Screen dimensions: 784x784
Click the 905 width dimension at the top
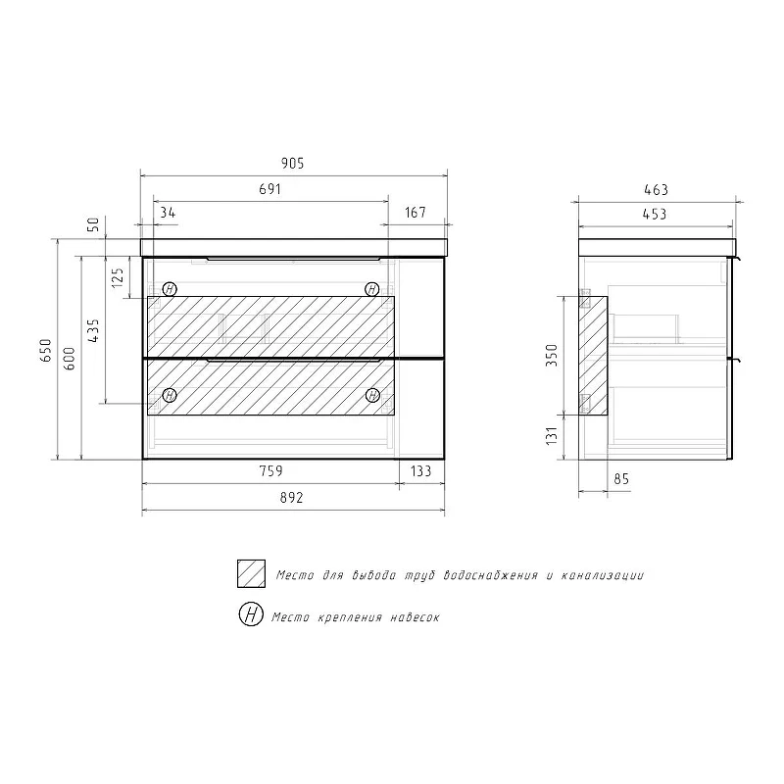(x=292, y=164)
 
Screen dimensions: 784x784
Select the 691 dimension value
(x=270, y=189)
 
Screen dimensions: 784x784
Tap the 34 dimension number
(x=168, y=213)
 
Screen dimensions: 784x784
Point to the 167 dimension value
(x=416, y=213)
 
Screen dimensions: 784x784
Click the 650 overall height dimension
(x=46, y=350)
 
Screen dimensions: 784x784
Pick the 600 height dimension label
(x=70, y=358)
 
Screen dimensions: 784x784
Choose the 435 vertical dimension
(x=93, y=330)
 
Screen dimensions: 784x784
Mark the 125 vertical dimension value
(x=118, y=277)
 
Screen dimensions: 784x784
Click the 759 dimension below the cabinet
(x=271, y=471)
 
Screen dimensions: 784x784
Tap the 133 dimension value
(x=421, y=471)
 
